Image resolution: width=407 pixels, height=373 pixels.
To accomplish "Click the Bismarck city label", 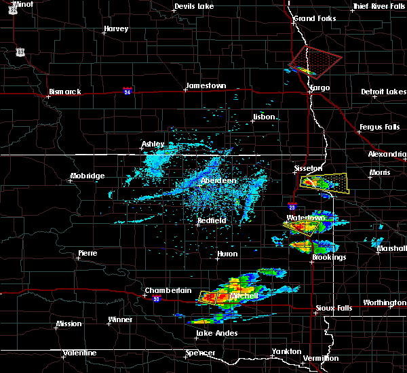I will pyautogui.click(x=64, y=92).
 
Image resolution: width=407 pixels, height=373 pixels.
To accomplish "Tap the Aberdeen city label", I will pyautogui.click(x=217, y=181).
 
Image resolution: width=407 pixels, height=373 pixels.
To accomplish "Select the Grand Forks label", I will pyautogui.click(x=314, y=18).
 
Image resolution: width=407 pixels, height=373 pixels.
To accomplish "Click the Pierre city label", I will pyautogui.click(x=87, y=253).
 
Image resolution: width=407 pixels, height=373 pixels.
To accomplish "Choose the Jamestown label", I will pyautogui.click(x=205, y=85).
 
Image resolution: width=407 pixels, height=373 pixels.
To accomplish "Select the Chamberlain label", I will pyautogui.click(x=163, y=291).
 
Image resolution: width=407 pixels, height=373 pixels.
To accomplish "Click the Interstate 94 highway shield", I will pyautogui.click(x=128, y=90).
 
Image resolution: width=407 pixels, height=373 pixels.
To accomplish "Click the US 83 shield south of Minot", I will pyautogui.click(x=21, y=52).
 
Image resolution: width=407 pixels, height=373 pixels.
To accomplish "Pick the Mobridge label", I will pyautogui.click(x=88, y=176).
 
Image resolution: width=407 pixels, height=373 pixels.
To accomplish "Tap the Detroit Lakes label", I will pyautogui.click(x=383, y=92).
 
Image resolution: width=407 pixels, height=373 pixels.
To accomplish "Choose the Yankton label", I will pyautogui.click(x=286, y=351).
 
